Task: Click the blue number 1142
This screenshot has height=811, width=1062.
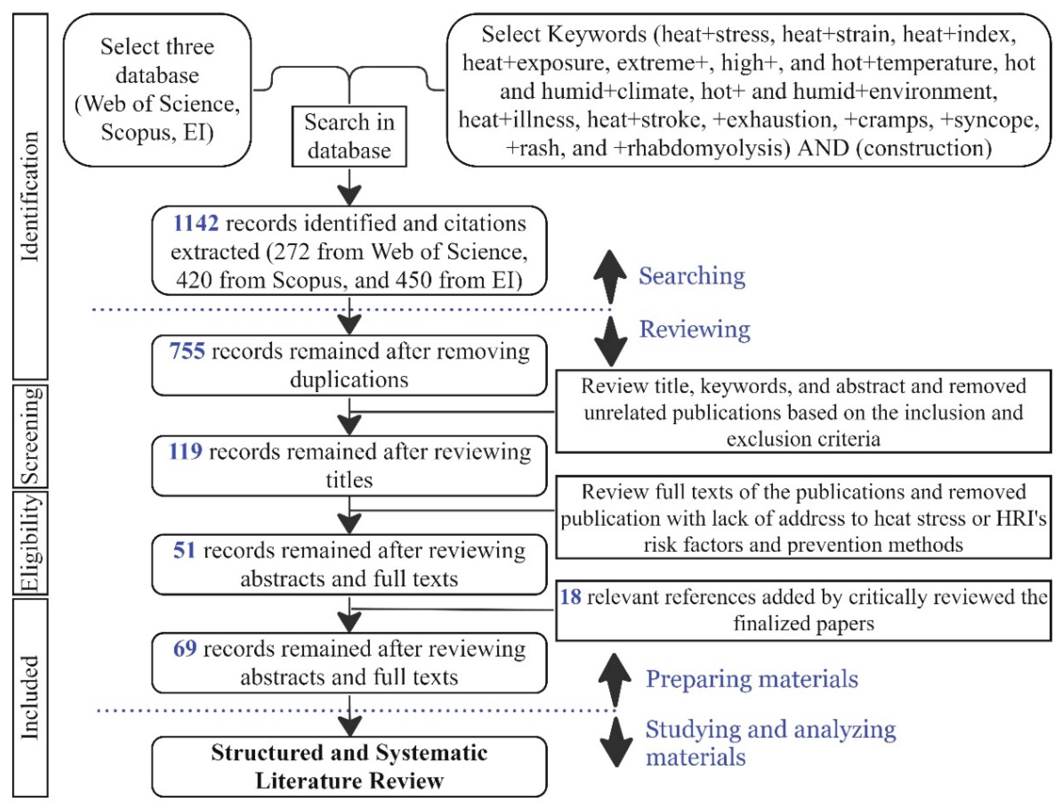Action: coord(196,224)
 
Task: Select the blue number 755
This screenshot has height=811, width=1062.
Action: coord(187,351)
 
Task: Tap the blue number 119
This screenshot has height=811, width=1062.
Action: coord(185,451)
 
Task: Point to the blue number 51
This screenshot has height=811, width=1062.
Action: coord(184,550)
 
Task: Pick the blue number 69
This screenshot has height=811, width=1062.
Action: coord(185,649)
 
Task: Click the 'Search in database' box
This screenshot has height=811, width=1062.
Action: coord(349,136)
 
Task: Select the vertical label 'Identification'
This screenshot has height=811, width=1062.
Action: coord(30,196)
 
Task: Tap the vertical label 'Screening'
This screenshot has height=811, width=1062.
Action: coord(30,436)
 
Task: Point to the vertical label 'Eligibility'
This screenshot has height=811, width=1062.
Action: coord(30,543)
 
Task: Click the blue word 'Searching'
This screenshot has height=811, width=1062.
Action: coord(692,276)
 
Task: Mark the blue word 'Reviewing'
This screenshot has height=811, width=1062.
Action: coord(694,329)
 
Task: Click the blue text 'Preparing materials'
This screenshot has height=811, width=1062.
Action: coord(751,679)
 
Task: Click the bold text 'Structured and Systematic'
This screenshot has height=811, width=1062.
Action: coord(349,753)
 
